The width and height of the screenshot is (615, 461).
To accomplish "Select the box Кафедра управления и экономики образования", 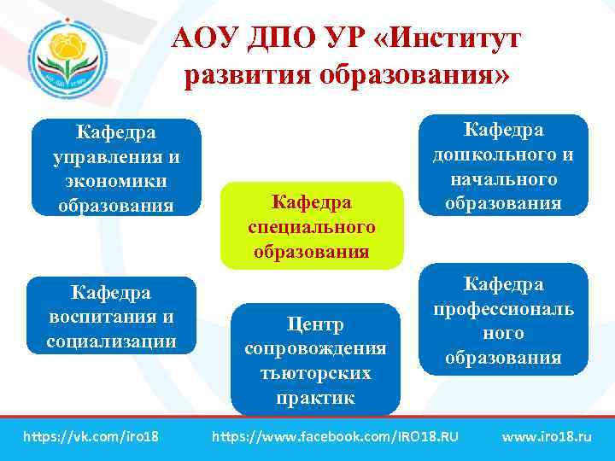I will [x=116, y=168].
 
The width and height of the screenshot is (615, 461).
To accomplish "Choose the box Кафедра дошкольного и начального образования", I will [x=503, y=166].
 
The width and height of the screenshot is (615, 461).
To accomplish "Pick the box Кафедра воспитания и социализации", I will [x=111, y=316].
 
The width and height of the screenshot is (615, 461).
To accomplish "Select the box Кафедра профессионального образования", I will [x=503, y=320].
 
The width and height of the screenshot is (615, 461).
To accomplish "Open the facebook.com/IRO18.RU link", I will [x=334, y=437].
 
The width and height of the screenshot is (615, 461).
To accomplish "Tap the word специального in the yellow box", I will [x=311, y=227].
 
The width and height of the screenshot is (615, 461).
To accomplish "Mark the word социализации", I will [x=111, y=341].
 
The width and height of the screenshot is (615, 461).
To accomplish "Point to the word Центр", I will [x=315, y=324].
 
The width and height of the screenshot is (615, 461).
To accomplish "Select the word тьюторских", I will [x=315, y=374].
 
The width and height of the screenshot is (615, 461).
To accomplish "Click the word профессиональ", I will [x=503, y=308].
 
